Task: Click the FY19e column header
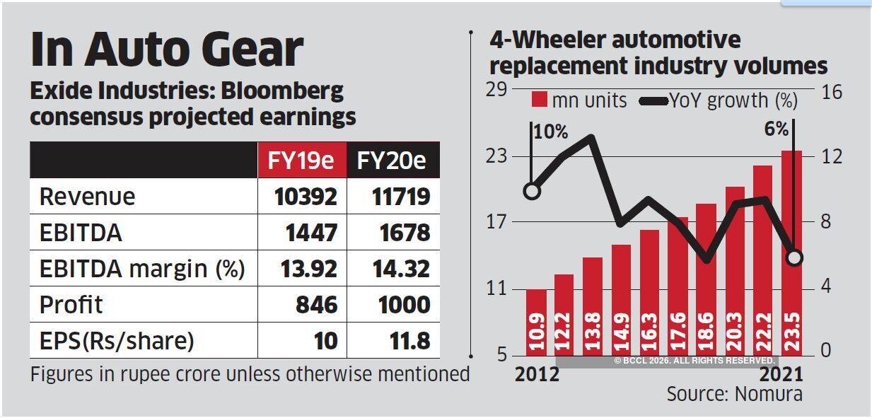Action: [301, 161]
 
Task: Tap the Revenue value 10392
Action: [306, 196]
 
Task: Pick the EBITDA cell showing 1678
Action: [401, 233]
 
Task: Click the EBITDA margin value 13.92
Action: [306, 269]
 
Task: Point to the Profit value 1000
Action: [401, 305]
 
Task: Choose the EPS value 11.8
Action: [409, 341]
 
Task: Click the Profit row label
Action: [71, 305]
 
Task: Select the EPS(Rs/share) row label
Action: [117, 341]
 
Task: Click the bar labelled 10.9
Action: [537, 322]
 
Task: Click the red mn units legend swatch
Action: [540, 100]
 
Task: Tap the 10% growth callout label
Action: [552, 132]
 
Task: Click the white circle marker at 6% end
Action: [794, 257]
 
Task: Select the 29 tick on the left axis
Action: [497, 91]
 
